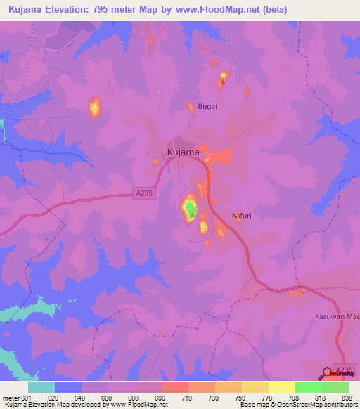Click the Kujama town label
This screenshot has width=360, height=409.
click(x=183, y=152)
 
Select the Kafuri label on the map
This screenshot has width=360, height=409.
click(x=241, y=216)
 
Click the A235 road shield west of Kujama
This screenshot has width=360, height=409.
click(x=143, y=192)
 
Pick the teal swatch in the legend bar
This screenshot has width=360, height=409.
click(x=41, y=387)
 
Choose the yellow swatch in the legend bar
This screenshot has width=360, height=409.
click(x=281, y=387)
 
